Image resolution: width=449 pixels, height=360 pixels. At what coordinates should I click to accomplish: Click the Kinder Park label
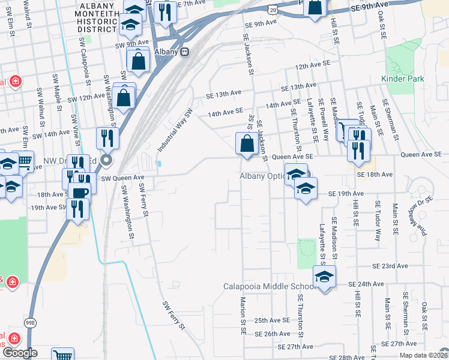tap(402, 79)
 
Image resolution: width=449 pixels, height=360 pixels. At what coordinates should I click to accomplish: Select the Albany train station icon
tap(185, 52)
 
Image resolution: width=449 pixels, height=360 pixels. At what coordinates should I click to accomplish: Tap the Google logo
tap(19, 353)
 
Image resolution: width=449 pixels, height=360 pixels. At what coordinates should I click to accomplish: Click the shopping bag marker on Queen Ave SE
tap(247, 144)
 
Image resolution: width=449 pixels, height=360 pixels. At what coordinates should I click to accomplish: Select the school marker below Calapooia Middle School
tap(324, 277)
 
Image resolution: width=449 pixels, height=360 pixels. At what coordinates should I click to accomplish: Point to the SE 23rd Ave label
tap(390, 266)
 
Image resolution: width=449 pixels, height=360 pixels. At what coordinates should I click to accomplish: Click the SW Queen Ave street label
tap(123, 178)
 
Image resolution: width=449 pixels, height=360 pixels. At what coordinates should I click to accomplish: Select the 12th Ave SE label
tap(313, 64)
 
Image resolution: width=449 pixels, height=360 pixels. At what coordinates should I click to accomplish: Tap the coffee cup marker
tap(79, 193)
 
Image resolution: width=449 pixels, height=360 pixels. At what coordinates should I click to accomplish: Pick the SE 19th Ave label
tap(346, 194)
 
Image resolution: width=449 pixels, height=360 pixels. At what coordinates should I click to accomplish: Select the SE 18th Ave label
tap(374, 174)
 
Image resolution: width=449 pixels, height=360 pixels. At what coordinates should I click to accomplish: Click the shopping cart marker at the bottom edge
tap(62, 355)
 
